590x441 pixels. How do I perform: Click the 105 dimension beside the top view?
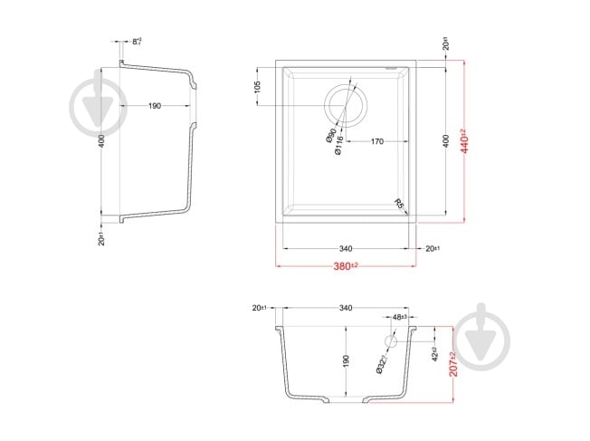[x=258, y=87]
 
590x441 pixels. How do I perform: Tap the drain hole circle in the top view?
[x=344, y=105]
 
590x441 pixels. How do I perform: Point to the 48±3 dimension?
[x=399, y=318]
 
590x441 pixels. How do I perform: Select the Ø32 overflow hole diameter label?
[x=382, y=363]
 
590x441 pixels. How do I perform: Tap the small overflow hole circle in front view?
[x=392, y=342]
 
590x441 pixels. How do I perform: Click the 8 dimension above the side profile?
[x=138, y=41]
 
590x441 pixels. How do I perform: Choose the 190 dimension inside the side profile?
[x=154, y=106]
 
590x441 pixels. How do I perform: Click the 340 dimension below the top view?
[x=345, y=248]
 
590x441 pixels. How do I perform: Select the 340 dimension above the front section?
[x=345, y=308]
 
